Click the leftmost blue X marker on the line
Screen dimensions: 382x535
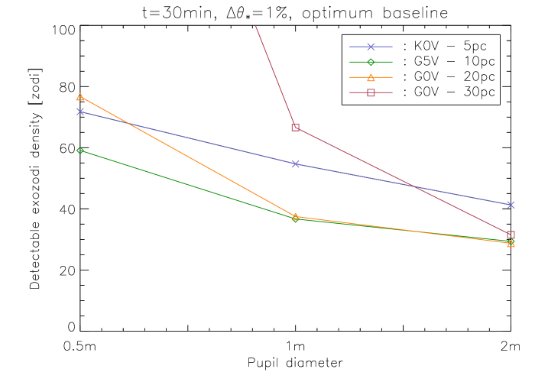(80, 112)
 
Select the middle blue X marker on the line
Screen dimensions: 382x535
(296, 163)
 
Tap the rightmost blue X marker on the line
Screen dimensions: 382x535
(511, 205)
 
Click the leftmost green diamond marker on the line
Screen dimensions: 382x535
(80, 151)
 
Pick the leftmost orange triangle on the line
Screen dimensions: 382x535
(80, 97)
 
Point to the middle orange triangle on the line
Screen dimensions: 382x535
(296, 217)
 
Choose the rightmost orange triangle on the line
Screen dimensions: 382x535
(511, 243)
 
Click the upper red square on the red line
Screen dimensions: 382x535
(296, 128)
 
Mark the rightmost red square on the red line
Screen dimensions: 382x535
(511, 235)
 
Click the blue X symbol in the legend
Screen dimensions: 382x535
(371, 47)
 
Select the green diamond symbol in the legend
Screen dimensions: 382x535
(371, 62)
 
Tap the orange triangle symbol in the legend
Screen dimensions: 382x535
(371, 77)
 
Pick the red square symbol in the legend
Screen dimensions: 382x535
(371, 92)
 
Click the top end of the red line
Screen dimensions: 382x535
(255, 26)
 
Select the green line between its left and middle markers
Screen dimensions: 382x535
(188, 185)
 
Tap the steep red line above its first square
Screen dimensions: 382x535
(275, 76)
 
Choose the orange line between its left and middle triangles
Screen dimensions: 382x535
(188, 157)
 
